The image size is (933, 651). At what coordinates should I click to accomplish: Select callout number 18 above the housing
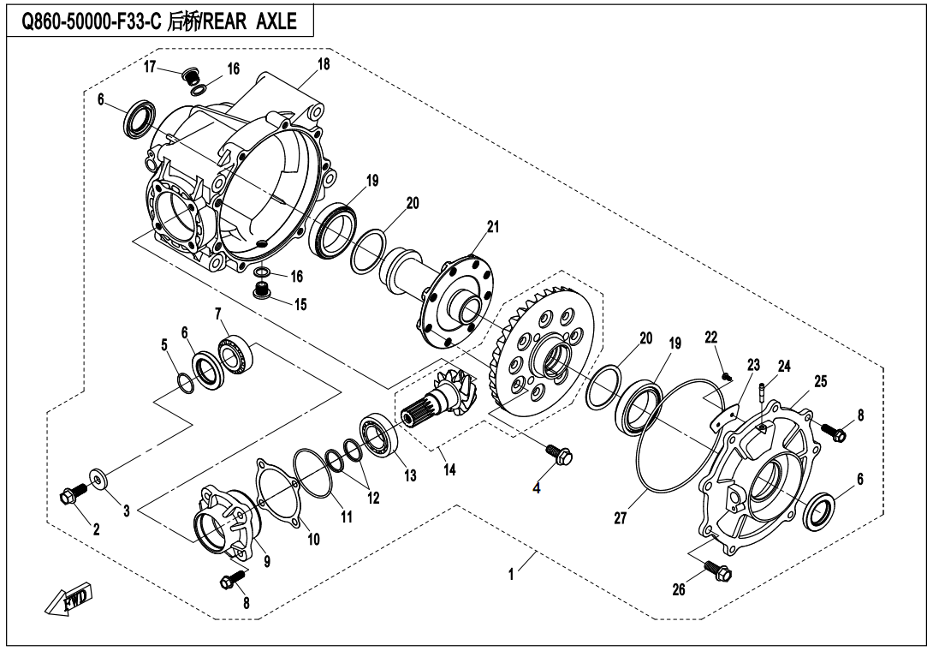pos(323,64)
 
